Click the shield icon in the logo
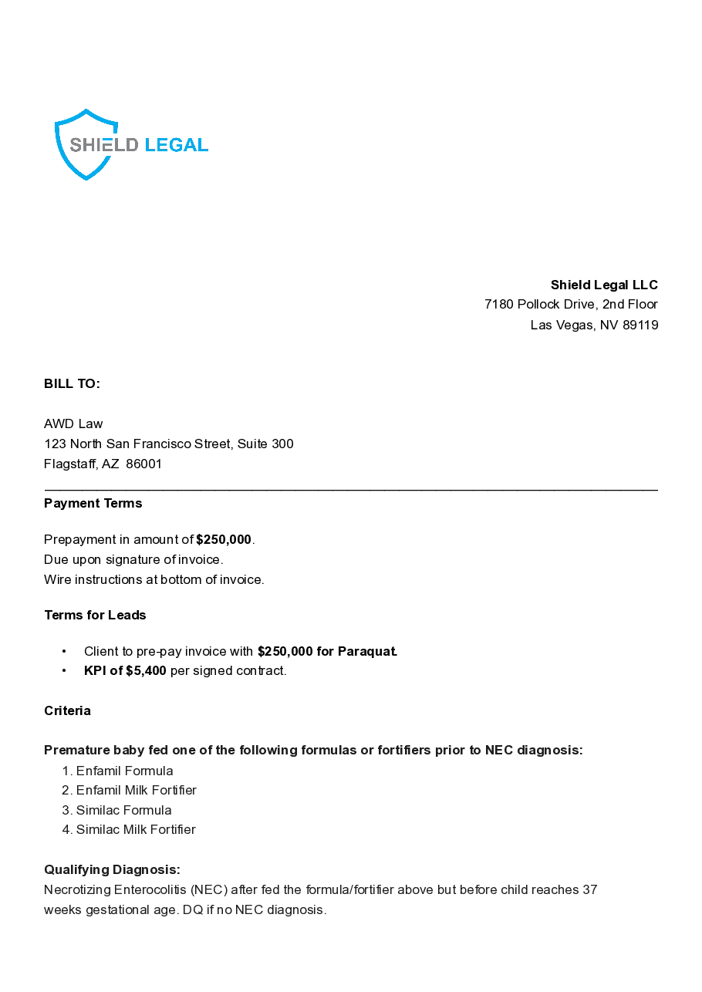tap(86, 144)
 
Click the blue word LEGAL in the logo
tap(176, 145)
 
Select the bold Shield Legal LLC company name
tap(604, 285)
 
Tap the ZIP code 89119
tap(640, 325)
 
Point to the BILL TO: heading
tap(72, 383)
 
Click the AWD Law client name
tap(73, 423)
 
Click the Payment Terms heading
tap(93, 503)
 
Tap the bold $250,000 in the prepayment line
tap(224, 539)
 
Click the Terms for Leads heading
tap(95, 615)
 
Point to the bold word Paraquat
tap(367, 651)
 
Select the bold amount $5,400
tap(146, 670)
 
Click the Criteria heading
tap(67, 710)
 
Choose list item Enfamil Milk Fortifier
tap(136, 790)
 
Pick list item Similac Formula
tap(123, 810)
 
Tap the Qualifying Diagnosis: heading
tap(112, 869)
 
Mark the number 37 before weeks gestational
tap(589, 889)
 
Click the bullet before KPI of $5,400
tap(64, 670)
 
